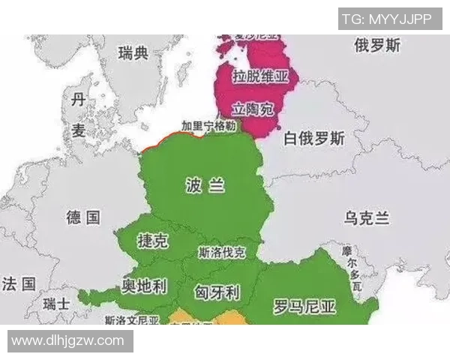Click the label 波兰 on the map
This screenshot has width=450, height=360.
pos(205,186)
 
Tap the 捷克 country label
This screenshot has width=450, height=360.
pos(153,241)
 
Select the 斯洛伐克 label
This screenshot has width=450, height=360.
pos(222,252)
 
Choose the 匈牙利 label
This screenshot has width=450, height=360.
pos(217,290)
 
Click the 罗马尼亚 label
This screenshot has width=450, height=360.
pos(304,306)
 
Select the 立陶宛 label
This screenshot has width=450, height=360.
pos(252,109)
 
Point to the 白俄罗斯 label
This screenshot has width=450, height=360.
pos(314,139)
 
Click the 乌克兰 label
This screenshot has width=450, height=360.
pos(367,218)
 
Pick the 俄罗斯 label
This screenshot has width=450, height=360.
pos(377,46)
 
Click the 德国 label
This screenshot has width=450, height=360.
pos(82,217)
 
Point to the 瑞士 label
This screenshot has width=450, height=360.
pos(56,304)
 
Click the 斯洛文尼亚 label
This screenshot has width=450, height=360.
pos(133,319)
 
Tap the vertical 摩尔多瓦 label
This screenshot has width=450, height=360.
pos(351,268)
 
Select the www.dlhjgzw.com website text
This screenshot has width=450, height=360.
pos(67,340)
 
